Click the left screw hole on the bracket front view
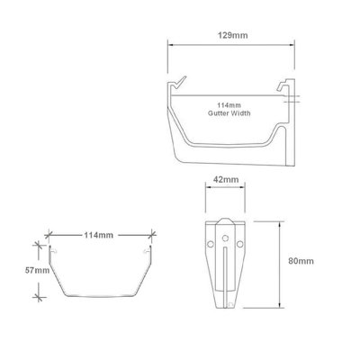click(x=211, y=242)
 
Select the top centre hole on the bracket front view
click(x=226, y=225)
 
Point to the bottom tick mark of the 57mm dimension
click(x=36, y=296)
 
